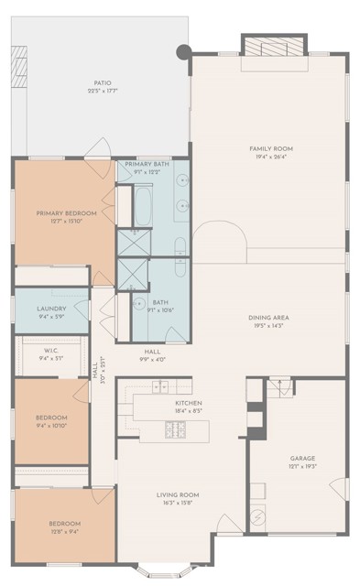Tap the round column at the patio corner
click(183, 52)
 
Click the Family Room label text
click(270, 148)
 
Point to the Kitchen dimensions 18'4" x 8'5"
click(189, 411)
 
